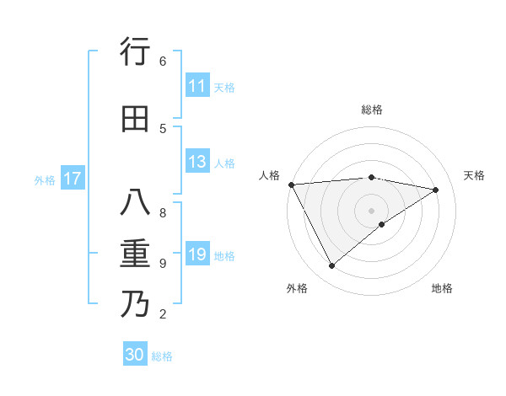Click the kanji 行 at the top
click(135, 52)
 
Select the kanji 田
click(135, 119)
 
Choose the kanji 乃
click(135, 304)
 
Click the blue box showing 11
click(197, 86)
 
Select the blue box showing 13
click(197, 162)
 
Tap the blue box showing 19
click(197, 254)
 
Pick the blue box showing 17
click(73, 179)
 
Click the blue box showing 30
click(135, 355)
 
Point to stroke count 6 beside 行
click(162, 61)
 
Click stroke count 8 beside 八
click(162, 212)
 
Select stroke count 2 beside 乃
click(162, 314)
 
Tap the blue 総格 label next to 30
click(162, 356)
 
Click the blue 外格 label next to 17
click(45, 179)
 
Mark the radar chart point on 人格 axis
click(291, 185)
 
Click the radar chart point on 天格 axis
click(436, 190)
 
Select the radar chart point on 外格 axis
click(331, 266)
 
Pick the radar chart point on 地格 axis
click(382, 224)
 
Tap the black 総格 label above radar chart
click(372, 110)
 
